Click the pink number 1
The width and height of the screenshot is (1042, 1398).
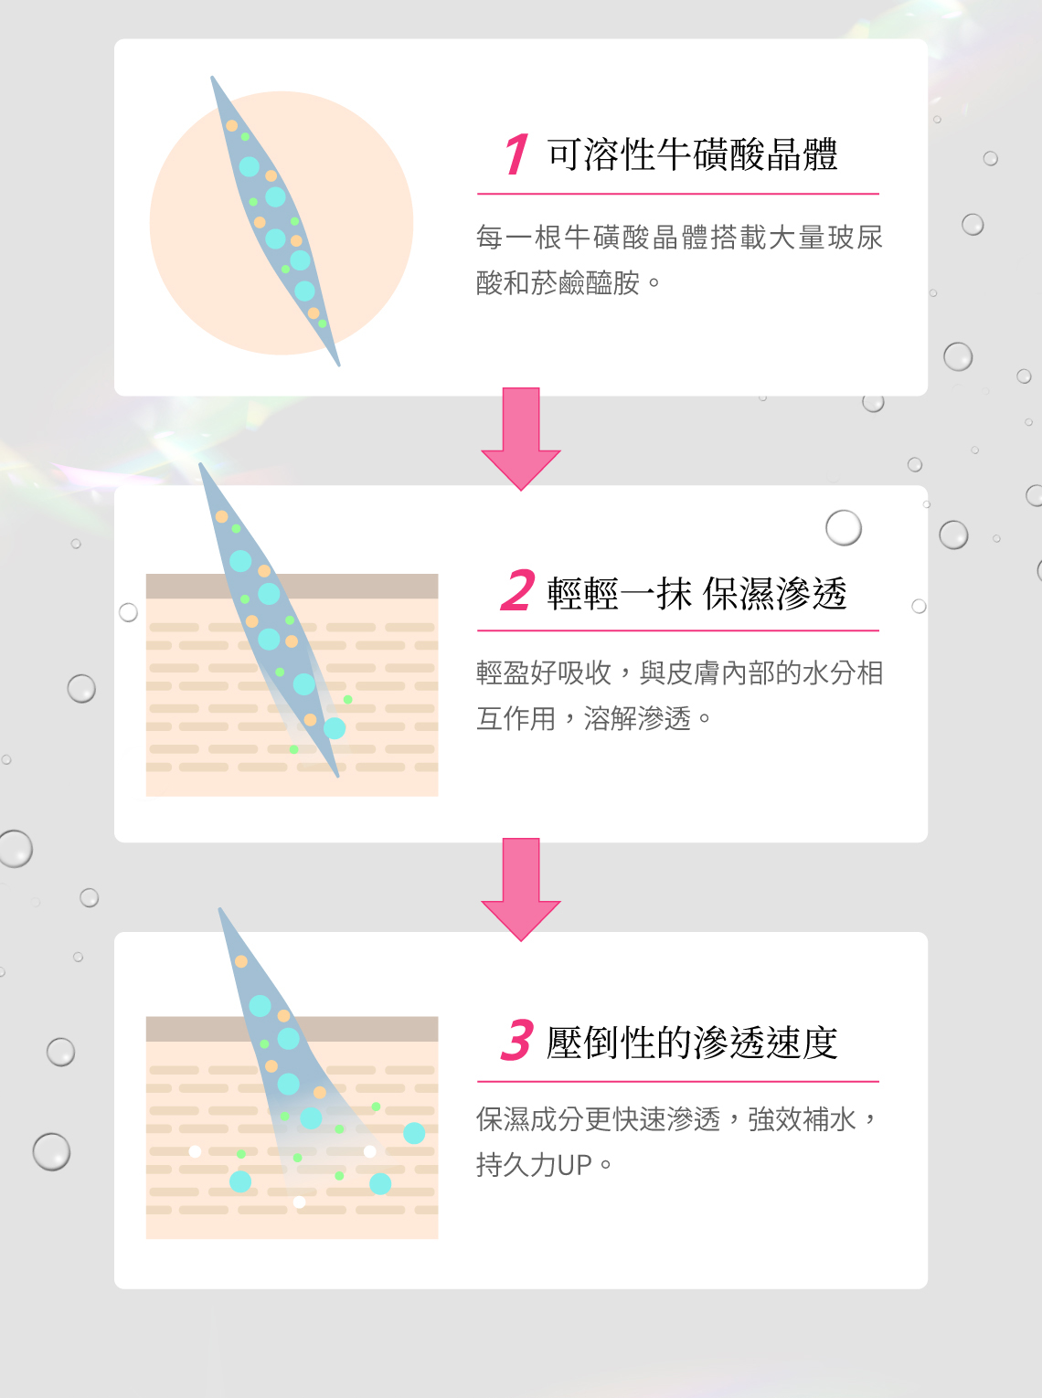(516, 154)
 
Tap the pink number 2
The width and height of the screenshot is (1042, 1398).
(518, 590)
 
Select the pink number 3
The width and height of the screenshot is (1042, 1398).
(517, 1040)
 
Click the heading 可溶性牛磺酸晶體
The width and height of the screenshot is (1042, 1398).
(693, 155)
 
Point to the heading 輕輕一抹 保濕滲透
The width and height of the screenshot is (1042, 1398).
(696, 593)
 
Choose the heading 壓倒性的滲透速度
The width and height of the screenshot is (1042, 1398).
(692, 1043)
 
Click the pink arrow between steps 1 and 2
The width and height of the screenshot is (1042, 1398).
(521, 439)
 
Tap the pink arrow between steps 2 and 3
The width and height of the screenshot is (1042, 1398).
(521, 889)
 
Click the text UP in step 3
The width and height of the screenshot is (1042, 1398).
(575, 1165)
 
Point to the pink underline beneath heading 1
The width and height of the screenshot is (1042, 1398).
(678, 194)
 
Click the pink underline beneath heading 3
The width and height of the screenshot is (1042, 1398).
(678, 1082)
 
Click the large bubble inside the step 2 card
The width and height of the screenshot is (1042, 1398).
(844, 527)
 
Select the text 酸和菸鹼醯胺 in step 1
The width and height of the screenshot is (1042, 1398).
(558, 283)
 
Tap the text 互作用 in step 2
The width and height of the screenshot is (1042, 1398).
(516, 718)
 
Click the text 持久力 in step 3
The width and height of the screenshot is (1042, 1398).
(516, 1165)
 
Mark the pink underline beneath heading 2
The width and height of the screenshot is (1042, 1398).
(678, 630)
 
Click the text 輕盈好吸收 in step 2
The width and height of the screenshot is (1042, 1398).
(544, 673)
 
